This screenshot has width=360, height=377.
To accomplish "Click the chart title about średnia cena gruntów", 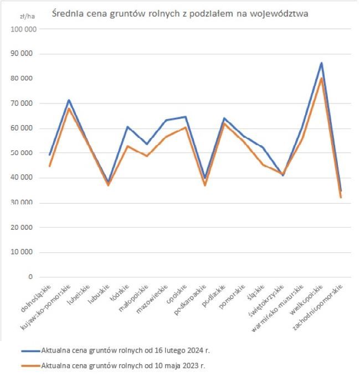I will pyautogui.click(x=180, y=12).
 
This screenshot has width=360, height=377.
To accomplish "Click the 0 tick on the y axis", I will pyautogui.click(x=30, y=277).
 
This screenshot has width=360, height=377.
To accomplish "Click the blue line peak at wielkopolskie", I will pyautogui.click(x=321, y=63).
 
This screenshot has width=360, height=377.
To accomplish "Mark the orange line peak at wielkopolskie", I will pyautogui.click(x=321, y=78).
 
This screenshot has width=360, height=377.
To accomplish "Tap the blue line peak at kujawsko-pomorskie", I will pyautogui.click(x=69, y=100).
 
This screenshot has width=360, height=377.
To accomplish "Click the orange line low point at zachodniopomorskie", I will pyautogui.click(x=341, y=197).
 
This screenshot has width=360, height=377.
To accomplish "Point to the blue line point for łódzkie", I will pyautogui.click(x=127, y=127).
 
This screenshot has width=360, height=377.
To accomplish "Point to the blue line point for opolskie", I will pyautogui.click(x=186, y=117).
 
